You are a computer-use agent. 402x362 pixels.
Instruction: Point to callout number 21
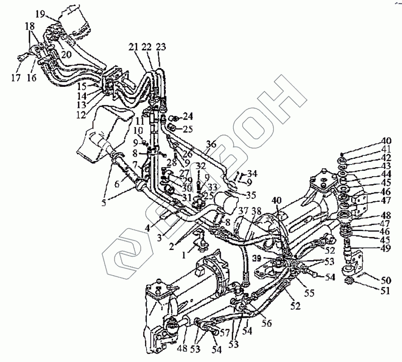[x=133, y=47]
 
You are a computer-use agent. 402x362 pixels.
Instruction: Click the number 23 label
[x=160, y=47]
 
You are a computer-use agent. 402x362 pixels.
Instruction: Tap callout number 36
[x=211, y=144]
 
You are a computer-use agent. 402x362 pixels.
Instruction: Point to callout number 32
[x=200, y=165]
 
